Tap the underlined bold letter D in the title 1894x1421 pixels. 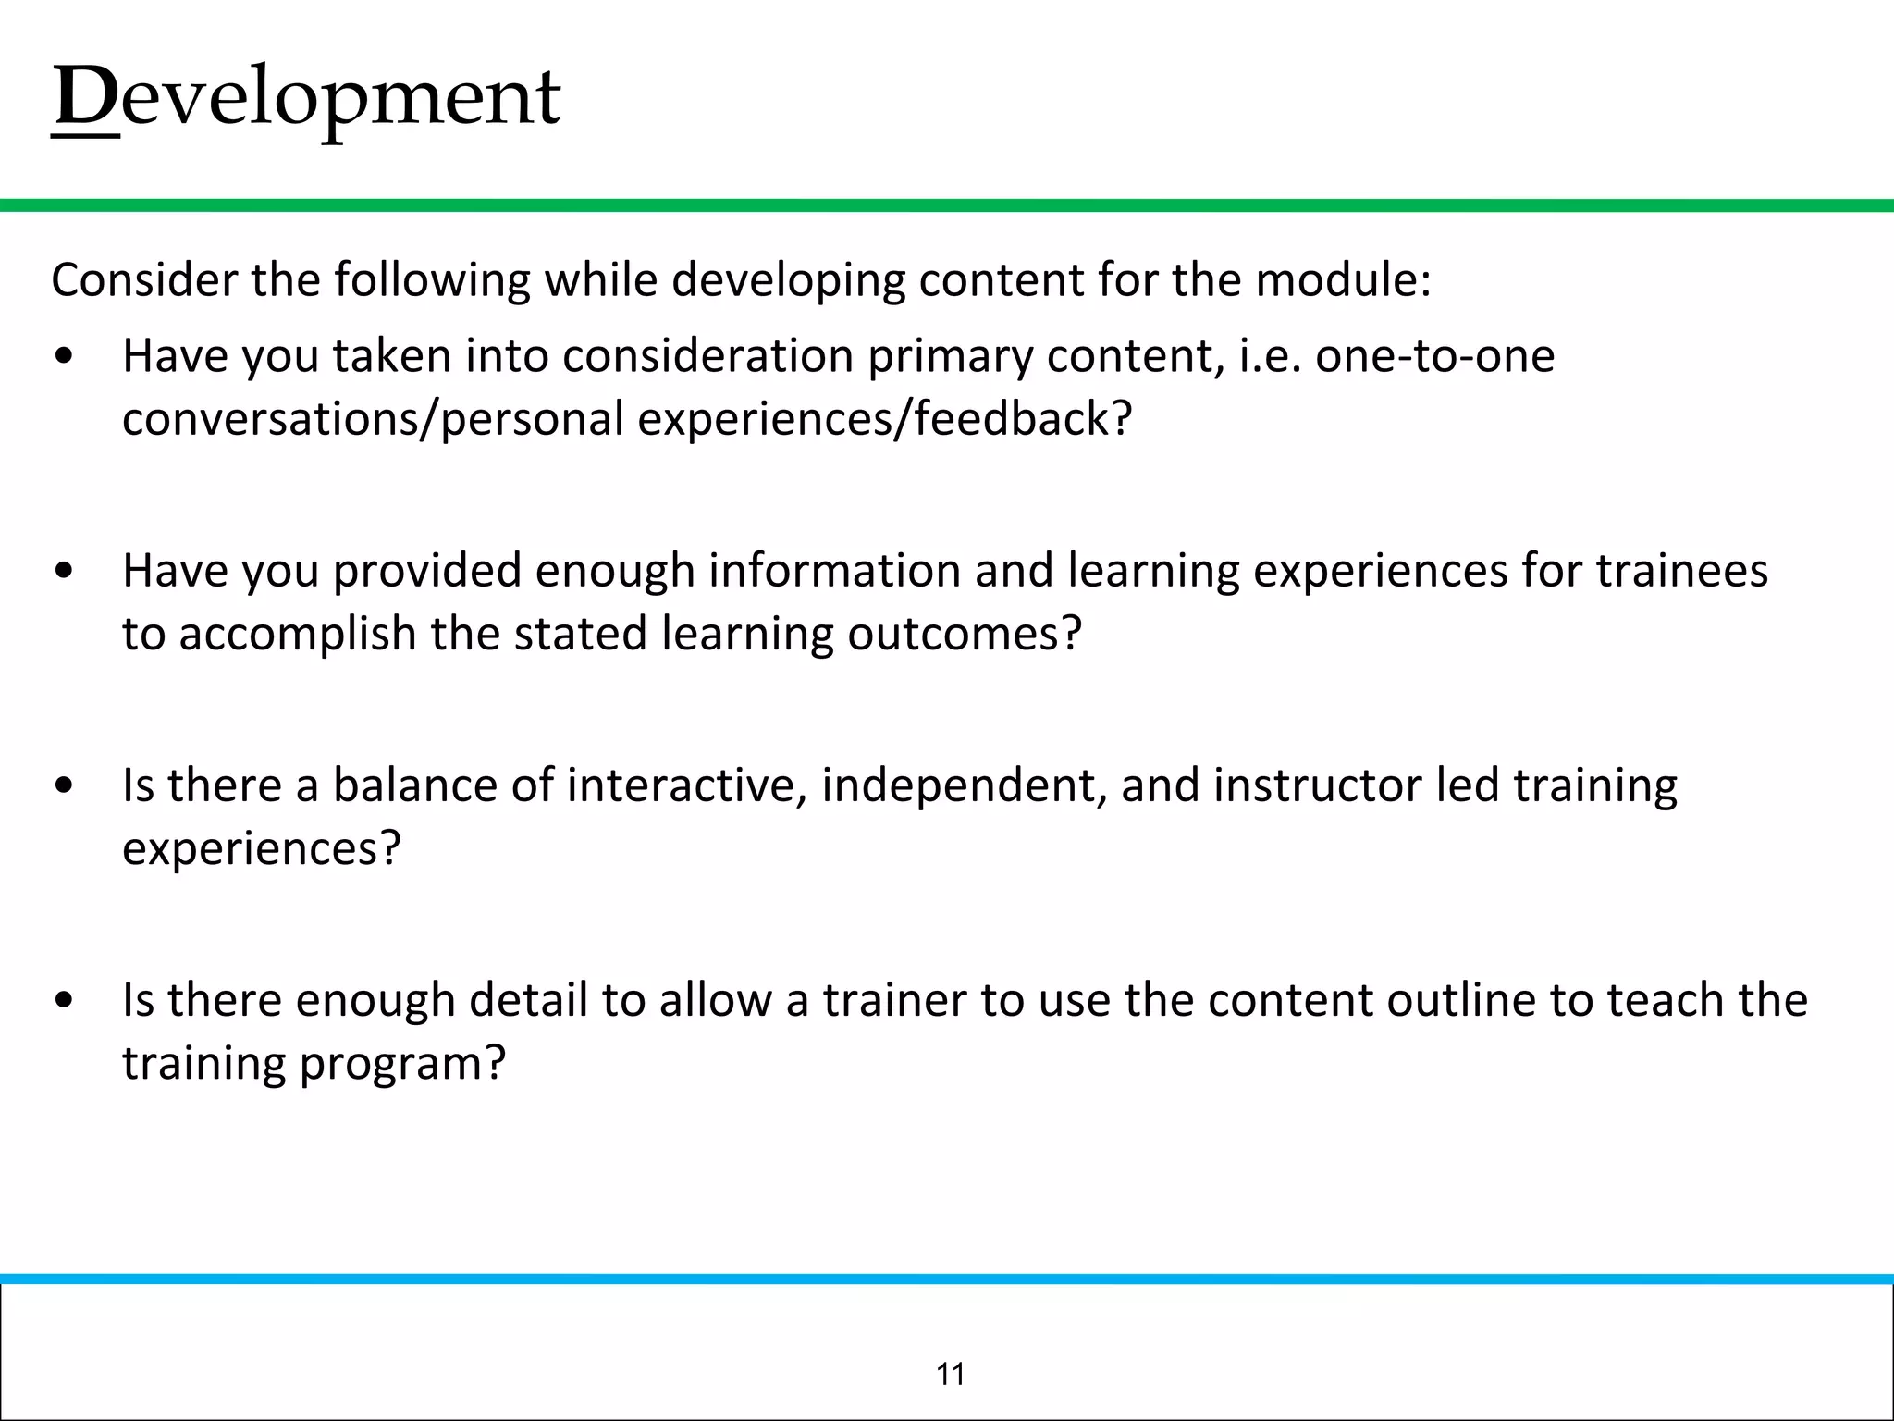click(86, 98)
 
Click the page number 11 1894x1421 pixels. click(951, 1375)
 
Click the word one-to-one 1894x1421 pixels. click(1435, 356)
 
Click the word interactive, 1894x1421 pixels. click(686, 785)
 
